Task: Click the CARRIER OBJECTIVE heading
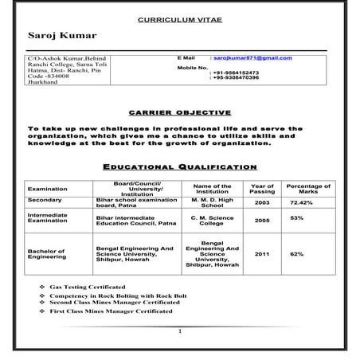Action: click(179, 112)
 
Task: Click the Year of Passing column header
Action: click(262, 189)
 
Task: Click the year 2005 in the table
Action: click(262, 219)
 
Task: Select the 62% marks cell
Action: click(297, 254)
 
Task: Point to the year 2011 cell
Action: click(262, 254)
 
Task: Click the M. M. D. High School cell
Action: click(212, 202)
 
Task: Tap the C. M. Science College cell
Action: click(212, 220)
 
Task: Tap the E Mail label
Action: click(186, 58)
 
